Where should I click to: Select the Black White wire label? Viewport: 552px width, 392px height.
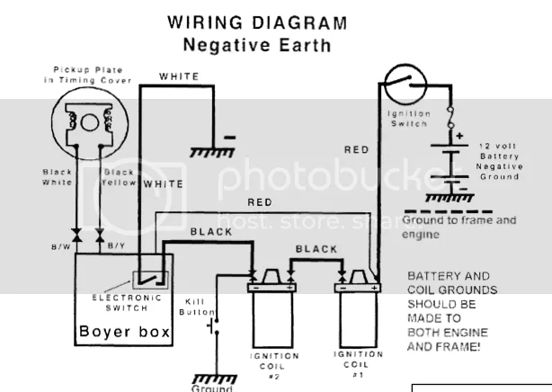click(x=57, y=177)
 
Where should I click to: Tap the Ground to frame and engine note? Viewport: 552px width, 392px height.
click(x=459, y=227)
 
